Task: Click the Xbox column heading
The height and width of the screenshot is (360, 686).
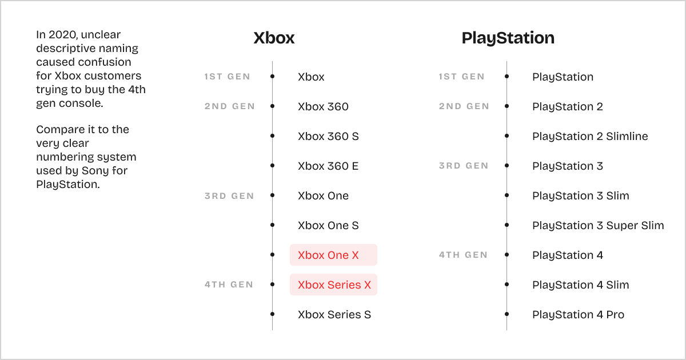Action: point(274,38)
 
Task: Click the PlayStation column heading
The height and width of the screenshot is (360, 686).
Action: point(508,38)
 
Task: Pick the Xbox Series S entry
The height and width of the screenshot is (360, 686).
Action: point(334,314)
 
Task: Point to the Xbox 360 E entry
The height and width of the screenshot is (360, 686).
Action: point(328,166)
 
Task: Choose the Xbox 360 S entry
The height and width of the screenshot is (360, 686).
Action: point(328,137)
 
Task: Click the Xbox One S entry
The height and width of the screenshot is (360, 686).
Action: point(328,225)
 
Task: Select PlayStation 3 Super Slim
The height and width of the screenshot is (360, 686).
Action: point(598,225)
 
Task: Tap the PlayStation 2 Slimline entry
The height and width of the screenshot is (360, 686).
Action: point(590,137)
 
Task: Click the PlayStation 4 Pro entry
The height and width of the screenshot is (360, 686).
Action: point(578,314)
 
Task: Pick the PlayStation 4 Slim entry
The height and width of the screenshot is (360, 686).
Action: point(580,285)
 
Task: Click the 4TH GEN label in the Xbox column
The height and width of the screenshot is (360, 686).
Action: point(229,285)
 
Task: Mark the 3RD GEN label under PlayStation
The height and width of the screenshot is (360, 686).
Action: point(463,166)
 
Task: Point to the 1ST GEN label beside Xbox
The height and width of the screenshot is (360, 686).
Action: point(227,77)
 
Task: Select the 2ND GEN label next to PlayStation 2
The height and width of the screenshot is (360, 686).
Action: point(464,106)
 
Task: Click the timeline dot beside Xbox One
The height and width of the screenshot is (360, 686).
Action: point(272,195)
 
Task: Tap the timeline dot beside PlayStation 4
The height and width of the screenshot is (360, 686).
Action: point(506,255)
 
